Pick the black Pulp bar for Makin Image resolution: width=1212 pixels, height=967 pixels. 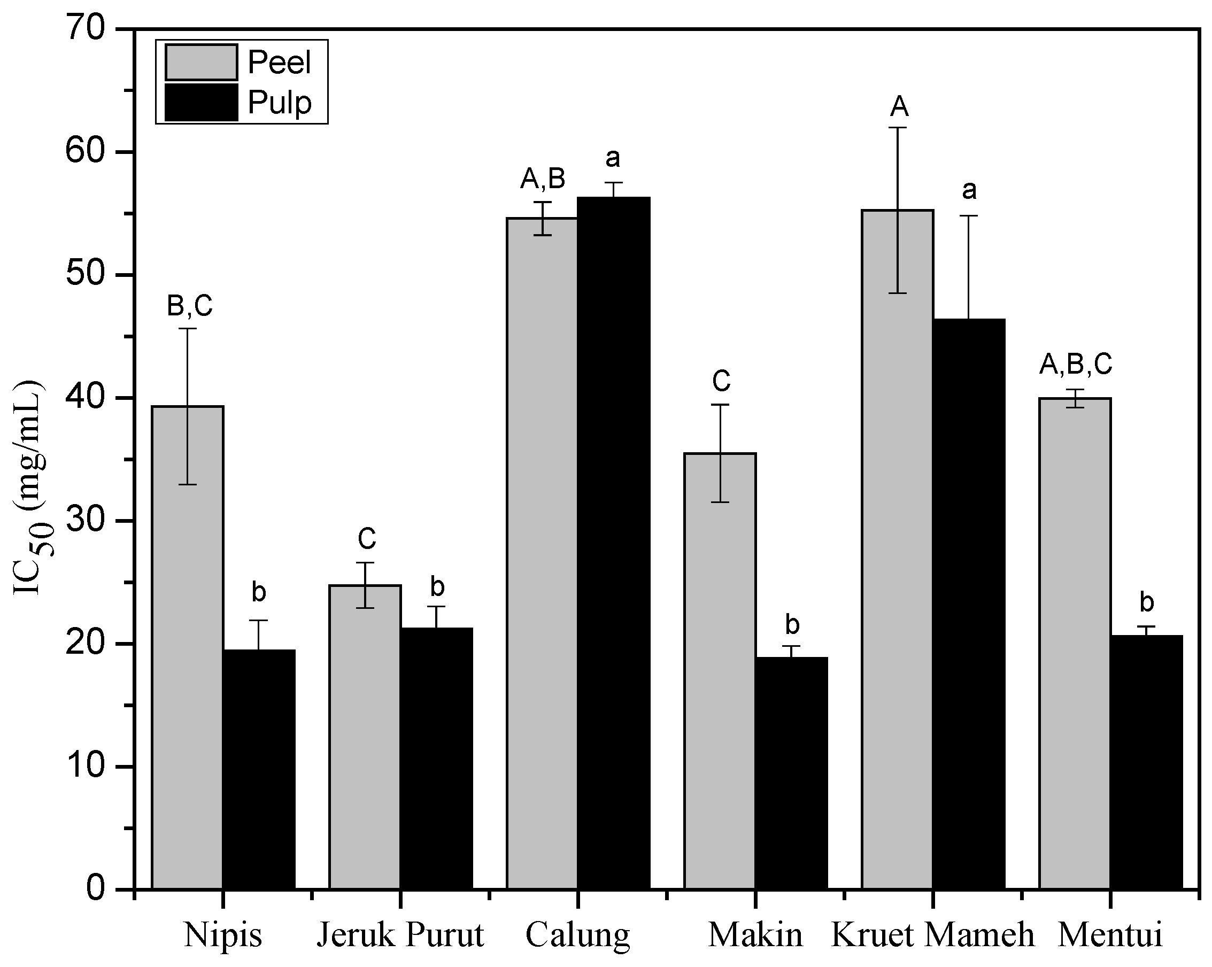tap(791, 776)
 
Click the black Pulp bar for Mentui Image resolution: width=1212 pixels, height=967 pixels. tap(1147, 764)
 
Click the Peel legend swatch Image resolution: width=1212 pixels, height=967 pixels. tap(201, 63)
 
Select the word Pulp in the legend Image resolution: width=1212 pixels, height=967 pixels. tap(280, 103)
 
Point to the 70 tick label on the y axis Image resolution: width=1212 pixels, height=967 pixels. tap(86, 29)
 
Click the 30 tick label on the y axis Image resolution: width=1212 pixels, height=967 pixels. tap(86, 521)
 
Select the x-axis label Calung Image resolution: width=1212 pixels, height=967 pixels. tap(577, 936)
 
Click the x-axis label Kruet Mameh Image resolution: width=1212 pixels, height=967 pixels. tap(932, 936)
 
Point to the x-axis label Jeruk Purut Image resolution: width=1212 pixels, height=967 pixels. tap(400, 936)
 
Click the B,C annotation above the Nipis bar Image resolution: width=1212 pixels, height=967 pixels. tap(189, 306)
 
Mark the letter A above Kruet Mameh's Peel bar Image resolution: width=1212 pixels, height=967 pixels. tap(899, 106)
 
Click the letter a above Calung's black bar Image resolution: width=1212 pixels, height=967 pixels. tap(613, 158)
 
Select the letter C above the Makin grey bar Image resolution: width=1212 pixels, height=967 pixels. tap(721, 381)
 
